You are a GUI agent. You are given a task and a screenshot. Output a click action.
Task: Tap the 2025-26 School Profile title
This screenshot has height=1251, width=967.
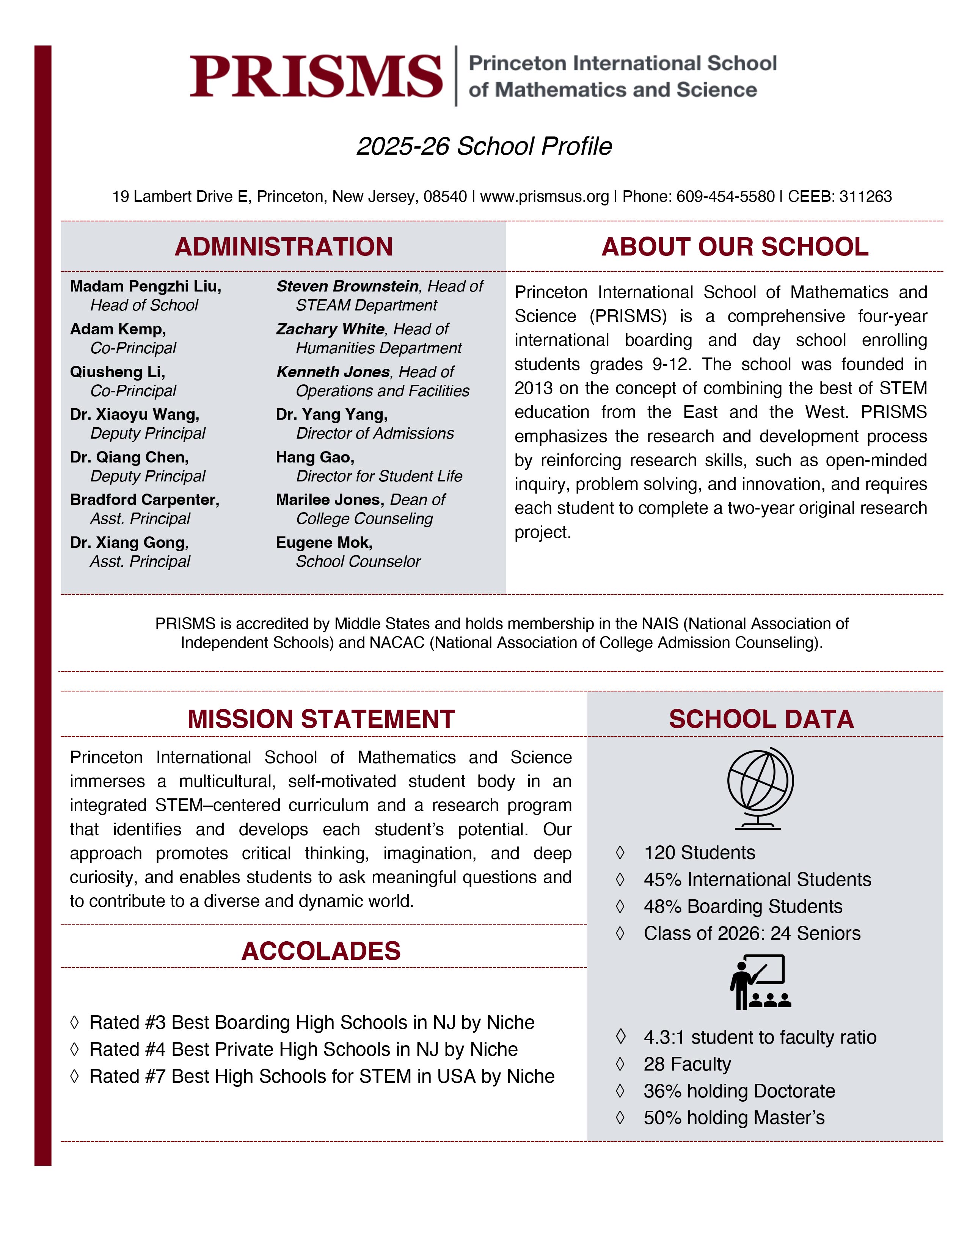click(484, 147)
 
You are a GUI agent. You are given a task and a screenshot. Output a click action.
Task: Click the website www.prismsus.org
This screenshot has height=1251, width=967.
click(544, 196)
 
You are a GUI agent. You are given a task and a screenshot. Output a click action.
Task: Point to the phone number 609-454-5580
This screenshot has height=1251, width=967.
click(725, 196)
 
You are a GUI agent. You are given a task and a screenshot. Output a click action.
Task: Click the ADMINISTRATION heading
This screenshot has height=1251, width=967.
click(284, 247)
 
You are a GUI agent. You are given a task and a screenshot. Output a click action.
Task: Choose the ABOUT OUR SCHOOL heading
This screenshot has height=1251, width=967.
click(735, 247)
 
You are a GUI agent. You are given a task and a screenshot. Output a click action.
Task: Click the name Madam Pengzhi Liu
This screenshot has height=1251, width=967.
click(146, 286)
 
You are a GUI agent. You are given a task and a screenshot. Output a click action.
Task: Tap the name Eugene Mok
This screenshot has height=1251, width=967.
click(324, 542)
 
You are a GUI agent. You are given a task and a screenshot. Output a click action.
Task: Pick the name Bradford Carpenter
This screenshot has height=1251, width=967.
click(144, 500)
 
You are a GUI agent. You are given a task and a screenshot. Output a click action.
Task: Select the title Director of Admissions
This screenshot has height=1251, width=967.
click(375, 434)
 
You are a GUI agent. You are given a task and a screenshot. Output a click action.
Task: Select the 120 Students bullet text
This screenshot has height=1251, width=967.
click(699, 853)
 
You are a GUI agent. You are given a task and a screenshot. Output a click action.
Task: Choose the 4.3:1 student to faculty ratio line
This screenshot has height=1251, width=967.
click(760, 1037)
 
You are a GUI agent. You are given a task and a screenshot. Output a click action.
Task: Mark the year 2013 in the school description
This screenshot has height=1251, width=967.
click(534, 388)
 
